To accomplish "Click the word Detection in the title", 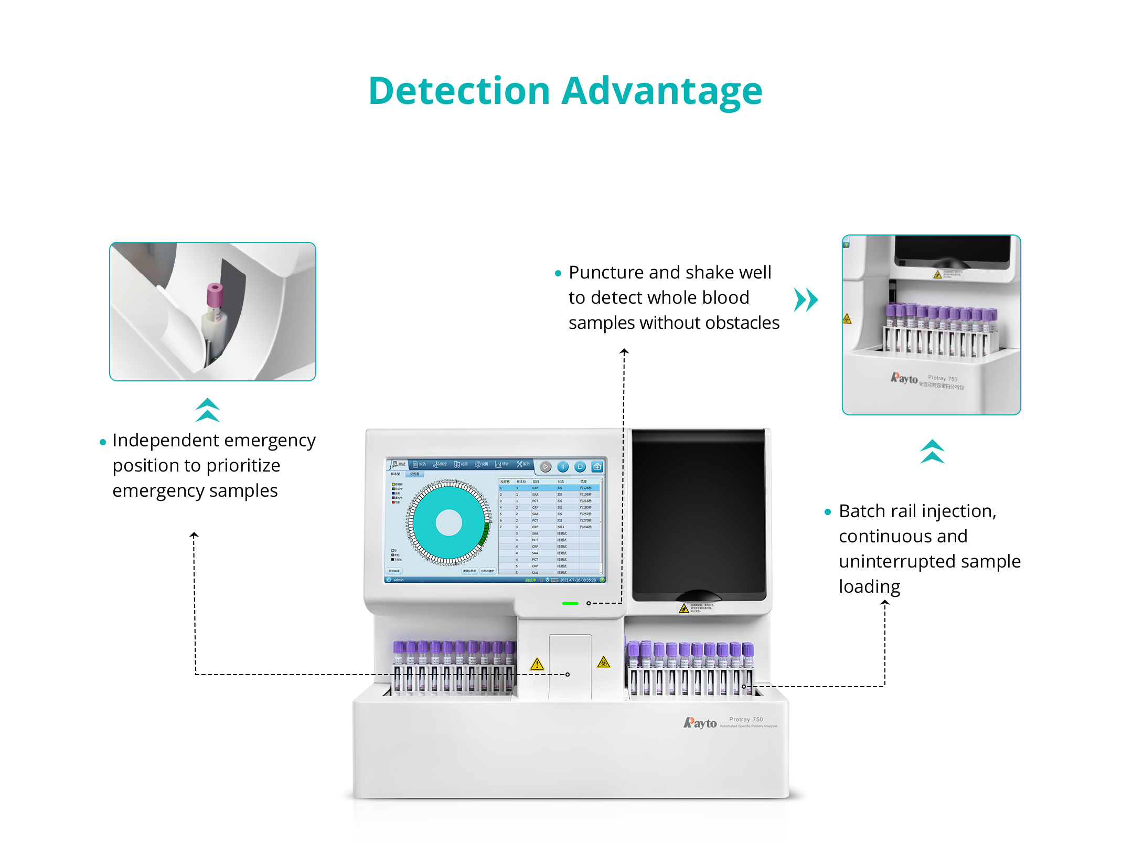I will [x=459, y=91].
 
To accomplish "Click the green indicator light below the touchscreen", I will [x=570, y=603].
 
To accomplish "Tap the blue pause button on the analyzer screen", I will [x=563, y=466].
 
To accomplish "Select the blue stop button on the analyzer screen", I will [x=580, y=466].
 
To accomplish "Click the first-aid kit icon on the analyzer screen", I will [x=597, y=466].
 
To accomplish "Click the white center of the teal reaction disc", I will [x=448, y=522].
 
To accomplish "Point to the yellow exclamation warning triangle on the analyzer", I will [x=537, y=665].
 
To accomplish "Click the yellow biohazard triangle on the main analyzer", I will [x=604, y=662].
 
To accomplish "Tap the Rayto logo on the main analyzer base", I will [x=700, y=723].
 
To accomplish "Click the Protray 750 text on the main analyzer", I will [x=746, y=719].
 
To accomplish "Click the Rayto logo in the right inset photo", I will [x=904, y=378].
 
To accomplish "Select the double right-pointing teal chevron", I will [x=806, y=300].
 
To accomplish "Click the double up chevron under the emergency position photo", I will [x=207, y=410].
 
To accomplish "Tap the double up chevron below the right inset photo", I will [x=932, y=451].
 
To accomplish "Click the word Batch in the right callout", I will [x=862, y=511].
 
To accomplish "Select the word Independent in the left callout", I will [x=165, y=441].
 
